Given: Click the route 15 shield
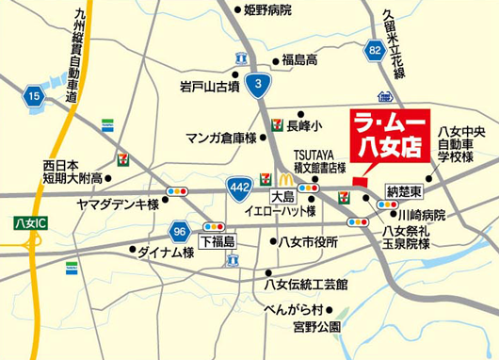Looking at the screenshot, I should (x=35, y=95).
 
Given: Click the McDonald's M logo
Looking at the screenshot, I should (x=283, y=178).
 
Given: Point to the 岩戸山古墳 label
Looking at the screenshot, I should (x=209, y=86).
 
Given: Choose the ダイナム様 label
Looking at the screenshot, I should (x=166, y=253).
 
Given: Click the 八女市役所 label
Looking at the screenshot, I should (x=308, y=242).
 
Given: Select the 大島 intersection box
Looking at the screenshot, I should (x=283, y=198).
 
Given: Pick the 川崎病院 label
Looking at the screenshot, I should (x=421, y=215).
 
